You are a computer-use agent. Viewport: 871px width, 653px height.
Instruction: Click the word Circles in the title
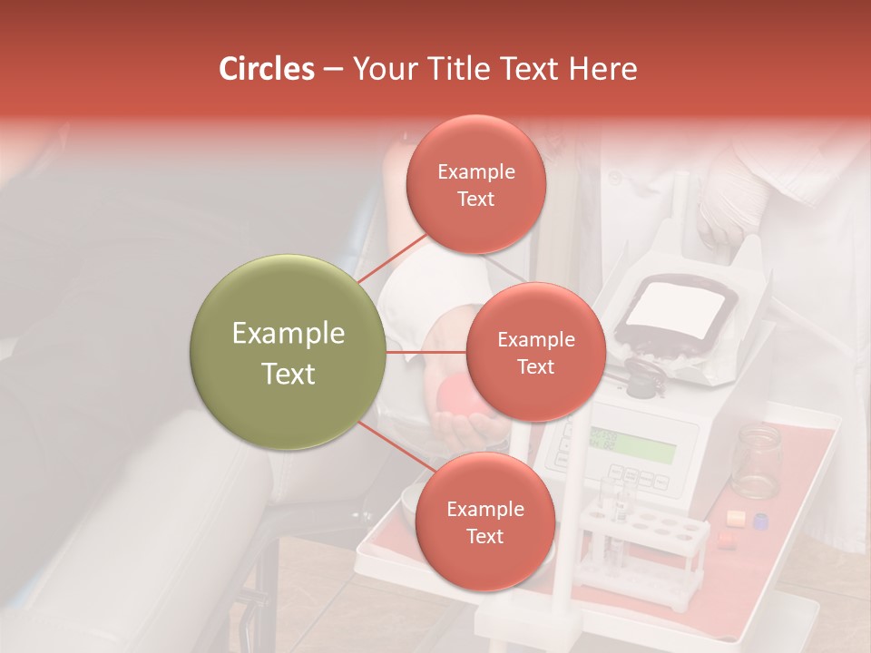267,69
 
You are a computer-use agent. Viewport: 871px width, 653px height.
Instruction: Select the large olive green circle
289,353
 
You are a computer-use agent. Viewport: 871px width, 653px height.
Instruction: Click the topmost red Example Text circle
476,185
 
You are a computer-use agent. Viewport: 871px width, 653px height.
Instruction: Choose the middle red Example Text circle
535,353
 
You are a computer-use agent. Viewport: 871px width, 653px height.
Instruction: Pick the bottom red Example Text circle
484,522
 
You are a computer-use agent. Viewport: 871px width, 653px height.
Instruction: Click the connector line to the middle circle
426,352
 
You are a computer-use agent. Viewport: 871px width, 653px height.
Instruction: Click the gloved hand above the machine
731,200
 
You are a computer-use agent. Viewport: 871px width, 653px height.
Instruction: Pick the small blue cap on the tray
760,521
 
